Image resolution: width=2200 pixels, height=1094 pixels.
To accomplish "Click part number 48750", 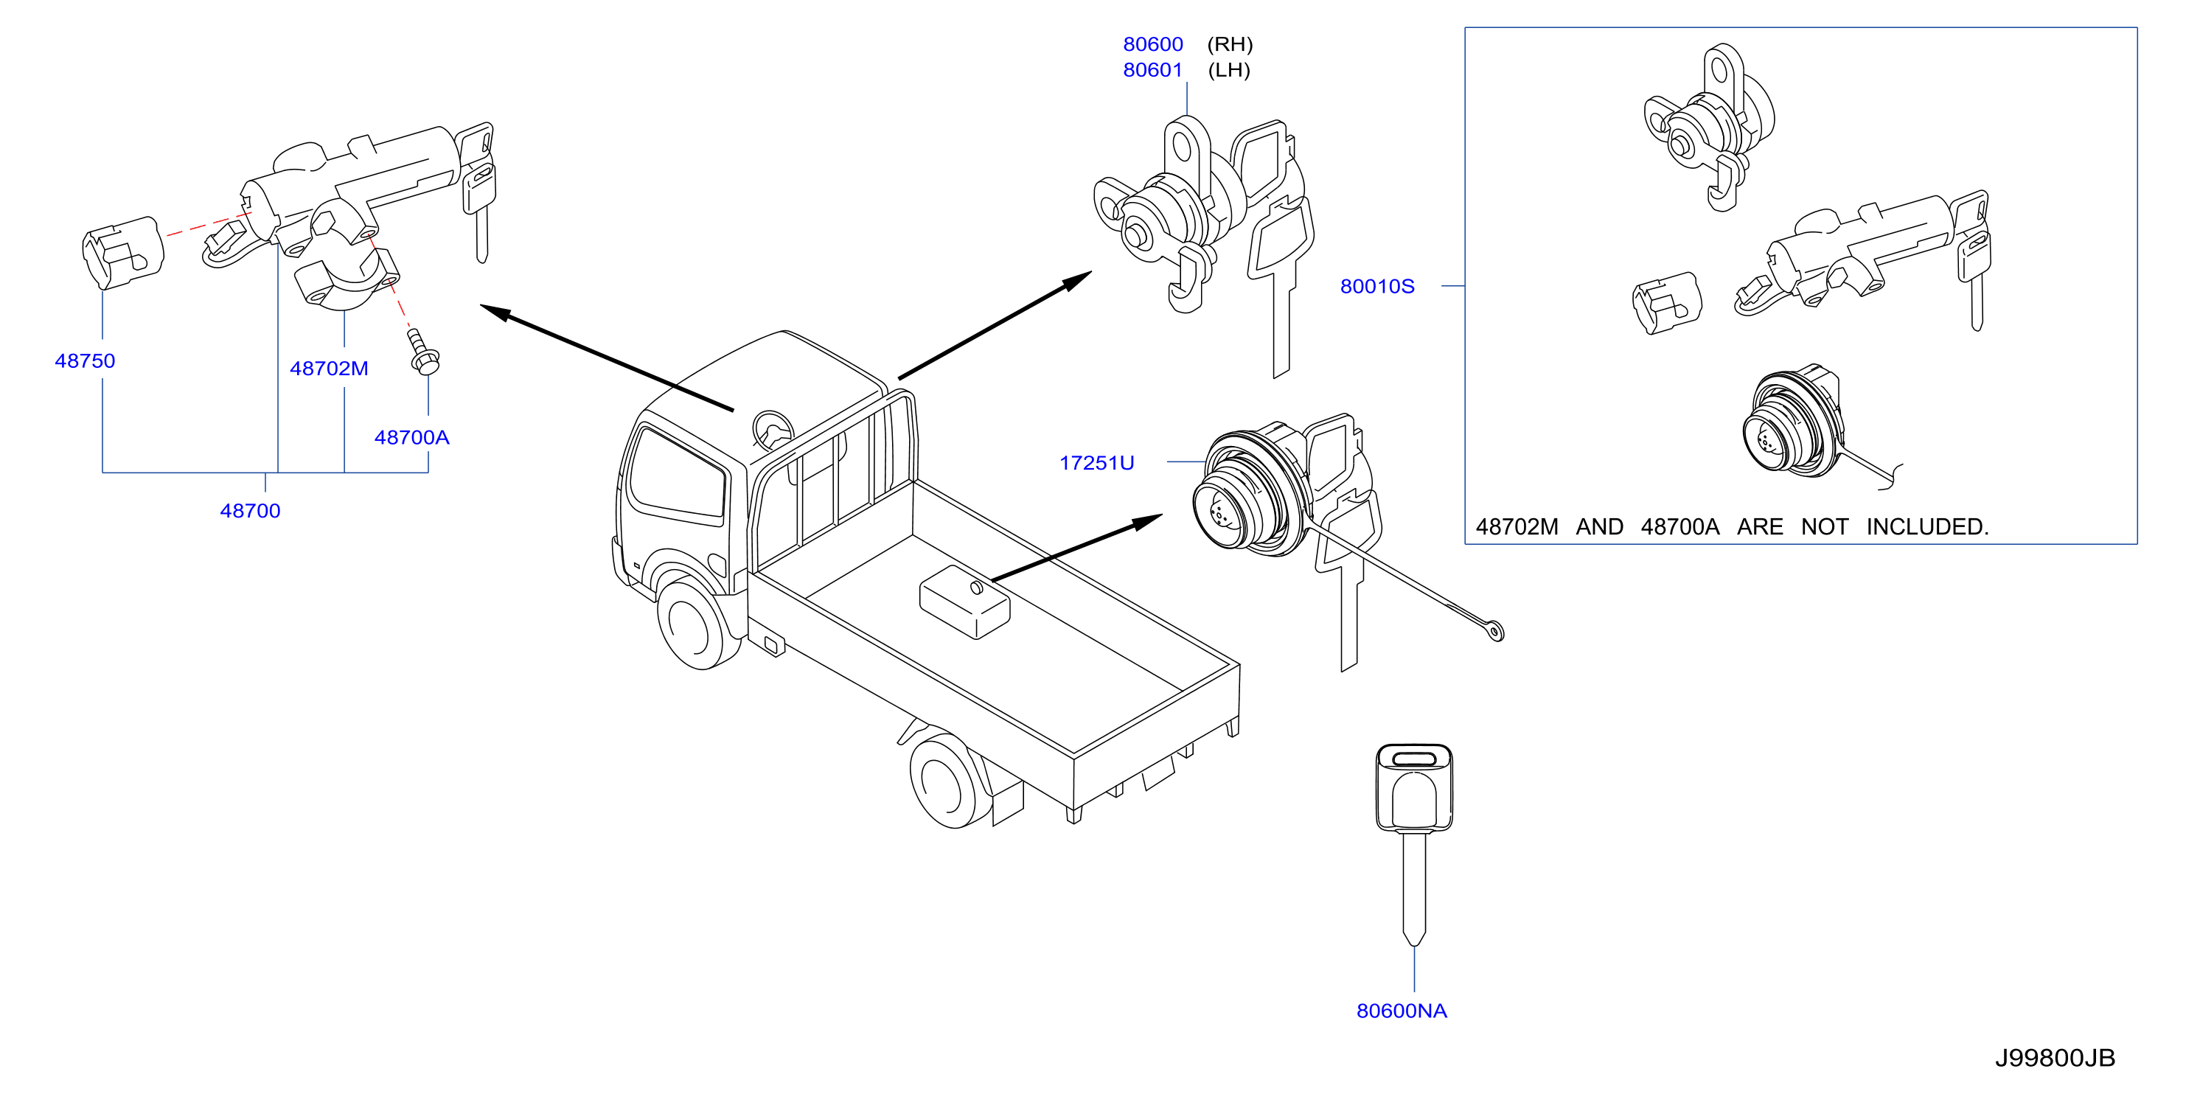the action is click(85, 360).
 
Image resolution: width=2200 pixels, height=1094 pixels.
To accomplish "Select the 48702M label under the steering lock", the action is click(329, 368).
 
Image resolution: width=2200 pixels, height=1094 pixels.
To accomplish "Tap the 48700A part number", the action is click(411, 437).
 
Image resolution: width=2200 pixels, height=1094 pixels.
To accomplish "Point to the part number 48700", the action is click(250, 511).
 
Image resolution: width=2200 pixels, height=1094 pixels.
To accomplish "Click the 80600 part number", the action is click(1153, 43).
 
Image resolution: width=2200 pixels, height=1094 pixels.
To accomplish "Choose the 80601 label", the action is click(1153, 69).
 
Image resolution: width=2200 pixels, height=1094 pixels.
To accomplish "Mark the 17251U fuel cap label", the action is click(1096, 463).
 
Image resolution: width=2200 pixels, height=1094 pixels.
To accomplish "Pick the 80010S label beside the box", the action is click(1376, 286).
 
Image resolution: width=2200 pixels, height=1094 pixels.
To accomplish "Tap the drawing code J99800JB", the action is click(2055, 1058).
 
